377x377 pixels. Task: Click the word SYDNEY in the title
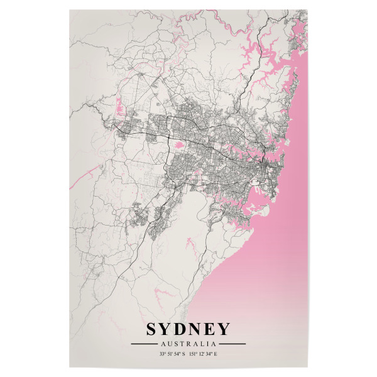click(188, 329)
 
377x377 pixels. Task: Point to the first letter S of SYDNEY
click(152, 329)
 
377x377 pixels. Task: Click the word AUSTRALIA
click(188, 344)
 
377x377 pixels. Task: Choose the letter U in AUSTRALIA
click(170, 344)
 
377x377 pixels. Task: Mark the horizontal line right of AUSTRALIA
click(233, 344)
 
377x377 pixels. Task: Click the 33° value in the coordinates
click(163, 354)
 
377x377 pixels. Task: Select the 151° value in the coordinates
click(193, 354)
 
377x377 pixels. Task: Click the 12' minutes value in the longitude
click(200, 354)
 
